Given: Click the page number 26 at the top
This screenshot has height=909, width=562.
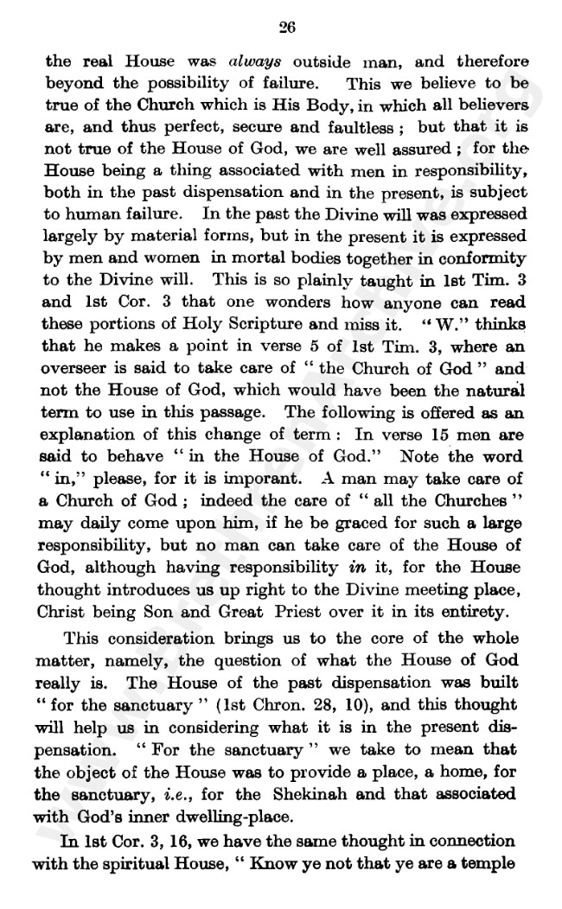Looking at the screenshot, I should pos(288,28).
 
